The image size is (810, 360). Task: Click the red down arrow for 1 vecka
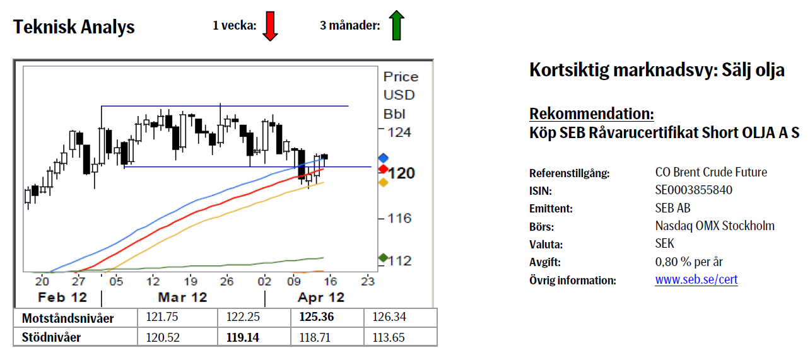pos(270,26)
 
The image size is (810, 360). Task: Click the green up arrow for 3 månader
pos(396,26)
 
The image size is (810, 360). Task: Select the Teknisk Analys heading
pos(74,27)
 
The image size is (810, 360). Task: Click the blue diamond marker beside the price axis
pos(382,158)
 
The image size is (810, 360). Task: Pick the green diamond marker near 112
pos(382,258)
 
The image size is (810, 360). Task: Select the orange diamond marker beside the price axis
pos(382,182)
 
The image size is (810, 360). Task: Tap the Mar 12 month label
pos(182,297)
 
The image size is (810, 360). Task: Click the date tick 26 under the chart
pos(227,281)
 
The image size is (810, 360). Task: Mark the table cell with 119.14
pos(242,337)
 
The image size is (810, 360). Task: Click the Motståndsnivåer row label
pos(67,318)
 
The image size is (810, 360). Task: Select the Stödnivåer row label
pos(51,337)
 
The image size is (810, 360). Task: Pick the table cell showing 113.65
pos(389,337)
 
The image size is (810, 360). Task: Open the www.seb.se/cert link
pos(696,279)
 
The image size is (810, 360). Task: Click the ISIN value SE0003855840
pos(694,190)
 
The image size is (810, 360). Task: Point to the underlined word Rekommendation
pos(592,114)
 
